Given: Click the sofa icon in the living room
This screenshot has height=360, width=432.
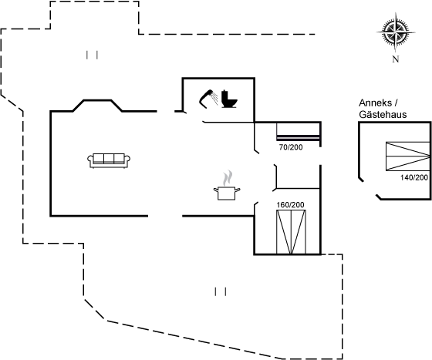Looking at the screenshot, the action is (x=109, y=160).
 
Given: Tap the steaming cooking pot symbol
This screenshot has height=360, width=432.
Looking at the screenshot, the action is (x=227, y=186).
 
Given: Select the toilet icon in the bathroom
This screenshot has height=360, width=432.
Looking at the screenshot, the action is (x=229, y=99).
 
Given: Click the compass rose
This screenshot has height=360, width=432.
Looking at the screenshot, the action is (x=396, y=32).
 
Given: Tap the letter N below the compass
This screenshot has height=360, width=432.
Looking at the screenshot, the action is (x=396, y=59).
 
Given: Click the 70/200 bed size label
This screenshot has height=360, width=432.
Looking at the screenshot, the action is (x=291, y=147).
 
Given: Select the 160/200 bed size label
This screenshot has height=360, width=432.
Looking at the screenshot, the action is (x=290, y=205).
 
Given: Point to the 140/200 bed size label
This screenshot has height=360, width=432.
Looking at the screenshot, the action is (x=414, y=177).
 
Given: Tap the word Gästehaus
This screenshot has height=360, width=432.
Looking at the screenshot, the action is (x=383, y=115).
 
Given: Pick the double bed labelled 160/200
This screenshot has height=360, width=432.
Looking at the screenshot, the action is (x=291, y=232).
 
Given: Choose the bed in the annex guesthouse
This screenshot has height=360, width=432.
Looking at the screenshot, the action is (x=408, y=156).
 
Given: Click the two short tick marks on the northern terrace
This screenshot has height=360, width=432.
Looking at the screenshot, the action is (x=92, y=55).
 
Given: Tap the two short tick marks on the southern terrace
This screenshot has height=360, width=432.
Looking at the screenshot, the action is (x=221, y=291).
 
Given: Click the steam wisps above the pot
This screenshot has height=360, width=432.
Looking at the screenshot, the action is (x=228, y=178).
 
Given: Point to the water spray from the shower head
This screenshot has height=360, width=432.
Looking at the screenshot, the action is (x=214, y=97).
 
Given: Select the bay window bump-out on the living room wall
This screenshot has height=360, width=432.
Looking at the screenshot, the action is (x=97, y=106).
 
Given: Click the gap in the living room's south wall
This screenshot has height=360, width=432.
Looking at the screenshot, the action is (x=165, y=216).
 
